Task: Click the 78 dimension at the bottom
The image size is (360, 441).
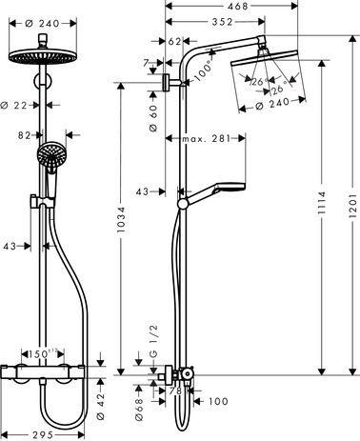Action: (x=176, y=390)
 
